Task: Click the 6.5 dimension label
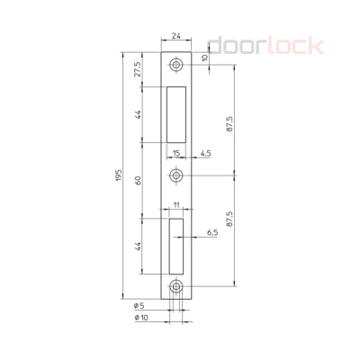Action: (x=212, y=232)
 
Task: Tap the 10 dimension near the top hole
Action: (x=205, y=59)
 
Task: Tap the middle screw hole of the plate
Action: (x=176, y=175)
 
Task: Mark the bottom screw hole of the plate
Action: (x=176, y=288)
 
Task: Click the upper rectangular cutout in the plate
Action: (x=176, y=114)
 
